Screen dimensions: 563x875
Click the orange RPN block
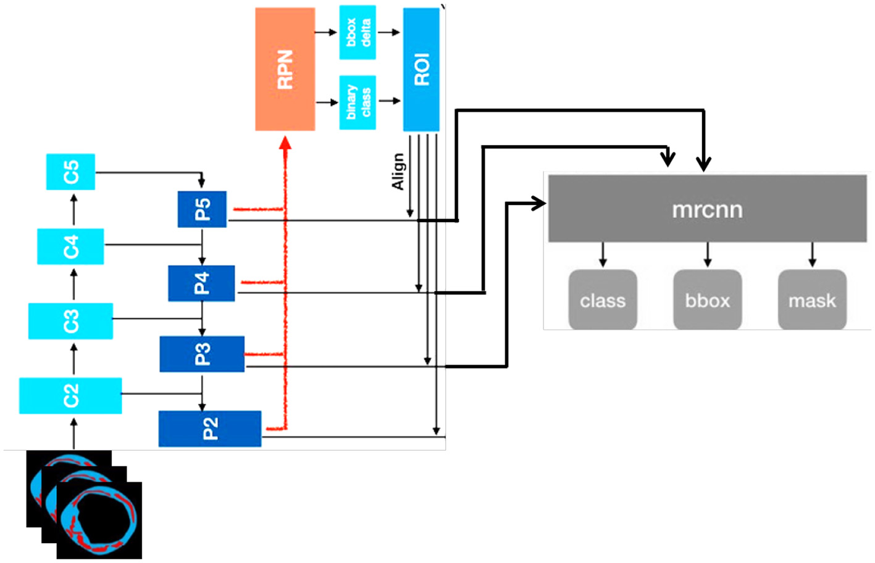[x=285, y=69]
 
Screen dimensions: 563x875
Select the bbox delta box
[x=358, y=32]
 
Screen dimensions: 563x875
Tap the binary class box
[x=358, y=102]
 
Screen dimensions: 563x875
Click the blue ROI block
[x=421, y=69]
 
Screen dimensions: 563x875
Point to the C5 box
[x=71, y=172]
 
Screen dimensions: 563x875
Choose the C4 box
[x=70, y=246]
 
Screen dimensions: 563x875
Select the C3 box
[x=70, y=321]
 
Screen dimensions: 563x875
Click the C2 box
[x=70, y=396]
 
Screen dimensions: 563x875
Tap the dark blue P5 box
[x=202, y=209]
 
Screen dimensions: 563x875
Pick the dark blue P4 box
[x=201, y=283]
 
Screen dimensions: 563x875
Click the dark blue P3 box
[x=202, y=354]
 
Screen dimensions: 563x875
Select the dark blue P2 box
[x=210, y=428]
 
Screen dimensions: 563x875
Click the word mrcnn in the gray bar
[x=707, y=210]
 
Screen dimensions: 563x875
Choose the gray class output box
[x=603, y=300]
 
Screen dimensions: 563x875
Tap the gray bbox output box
[x=707, y=300]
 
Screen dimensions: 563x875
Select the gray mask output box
[x=812, y=300]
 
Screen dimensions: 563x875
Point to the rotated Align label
[x=398, y=172]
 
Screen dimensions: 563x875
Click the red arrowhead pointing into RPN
[x=285, y=143]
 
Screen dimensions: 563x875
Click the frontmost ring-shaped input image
[x=99, y=520]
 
